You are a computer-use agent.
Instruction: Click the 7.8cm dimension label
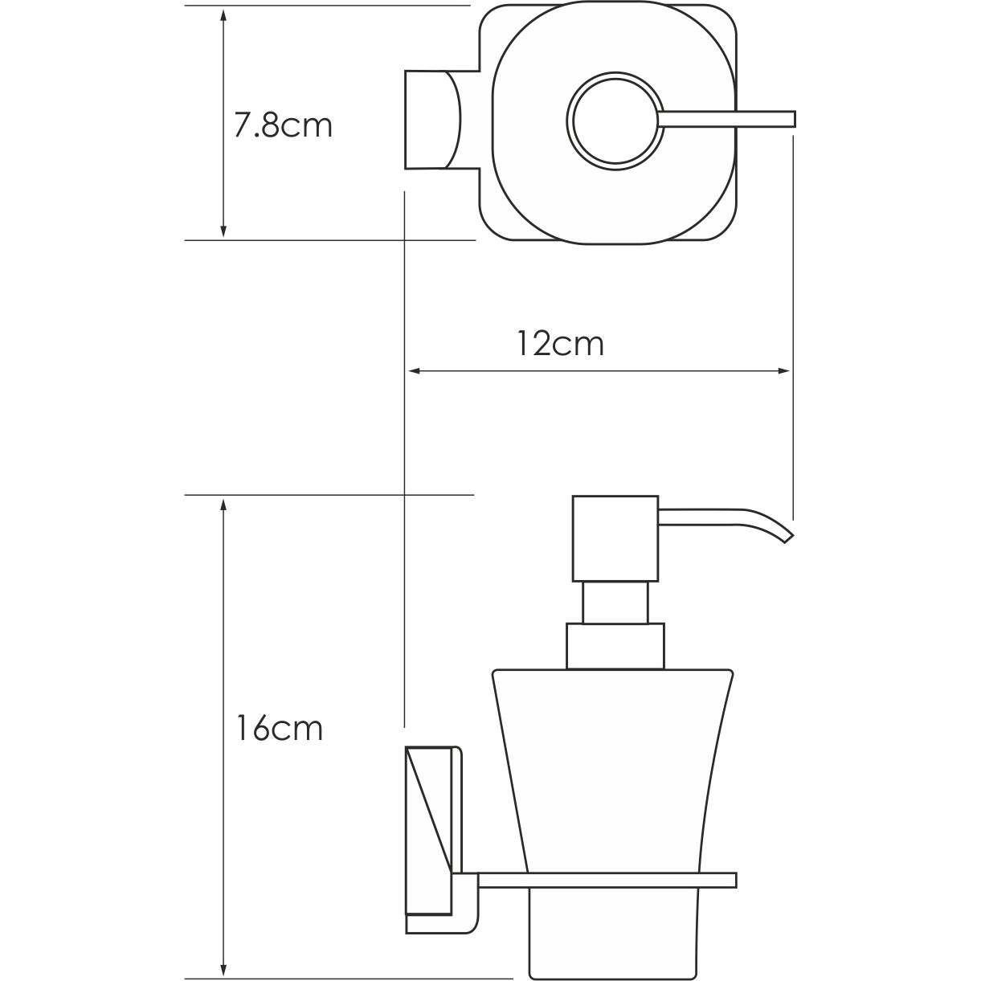283,126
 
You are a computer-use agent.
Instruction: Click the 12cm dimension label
560,344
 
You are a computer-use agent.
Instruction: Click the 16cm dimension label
280,728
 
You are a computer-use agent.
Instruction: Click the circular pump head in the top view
615,120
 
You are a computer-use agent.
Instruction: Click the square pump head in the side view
615,538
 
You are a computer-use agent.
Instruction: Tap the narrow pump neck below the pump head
615,603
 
